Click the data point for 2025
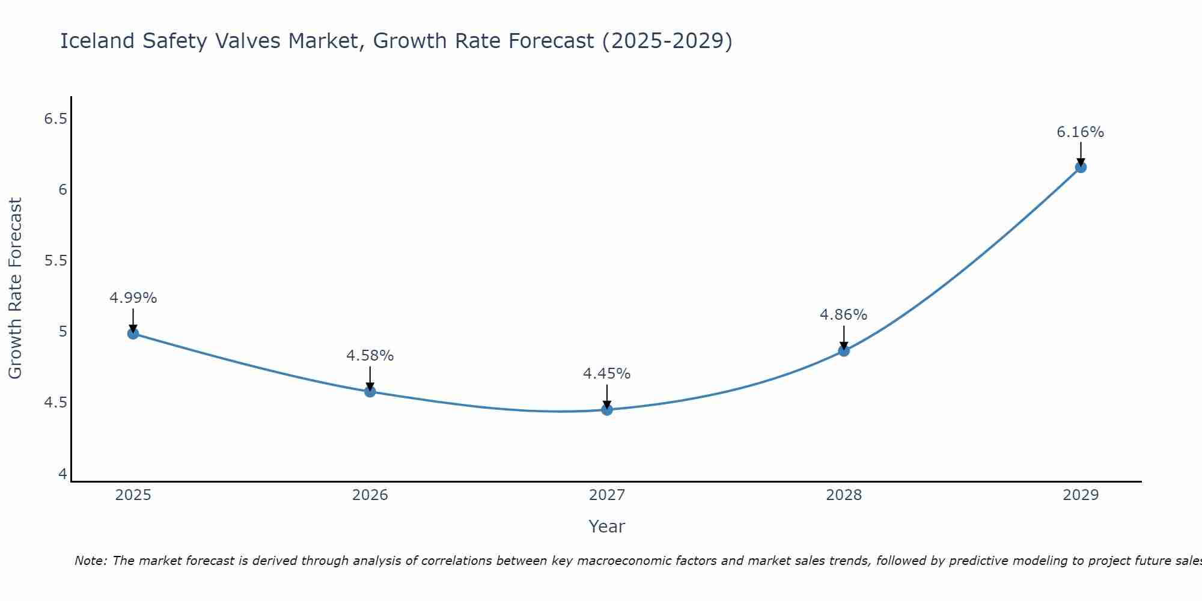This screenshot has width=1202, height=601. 133,334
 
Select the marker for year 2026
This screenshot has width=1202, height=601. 370,392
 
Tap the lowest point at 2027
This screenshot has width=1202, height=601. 607,410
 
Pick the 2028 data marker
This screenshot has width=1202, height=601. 844,351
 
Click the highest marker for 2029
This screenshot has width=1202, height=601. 1081,167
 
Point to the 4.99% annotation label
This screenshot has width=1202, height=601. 133,298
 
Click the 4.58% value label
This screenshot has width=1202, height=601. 370,356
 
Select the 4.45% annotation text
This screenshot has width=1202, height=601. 607,374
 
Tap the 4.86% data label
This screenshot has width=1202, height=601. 844,315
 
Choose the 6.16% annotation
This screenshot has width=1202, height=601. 1081,132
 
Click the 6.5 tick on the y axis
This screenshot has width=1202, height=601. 55,119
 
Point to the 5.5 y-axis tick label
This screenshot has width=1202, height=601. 55,261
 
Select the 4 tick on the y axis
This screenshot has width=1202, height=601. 63,474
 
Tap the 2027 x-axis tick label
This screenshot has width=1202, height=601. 607,495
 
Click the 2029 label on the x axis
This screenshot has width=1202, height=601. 1081,495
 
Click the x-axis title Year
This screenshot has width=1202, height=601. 607,526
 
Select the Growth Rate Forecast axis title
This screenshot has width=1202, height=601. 16,288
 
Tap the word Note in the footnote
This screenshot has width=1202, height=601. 90,561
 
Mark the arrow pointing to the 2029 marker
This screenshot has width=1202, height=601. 1081,154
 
